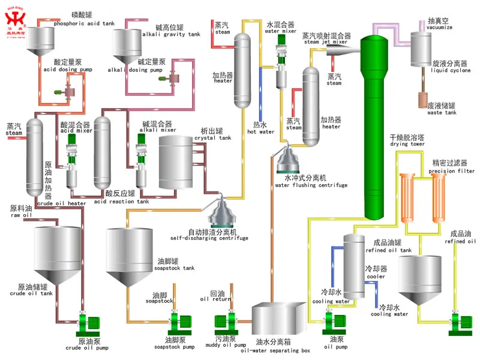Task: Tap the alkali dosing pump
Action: (173, 79)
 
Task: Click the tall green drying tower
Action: (377, 126)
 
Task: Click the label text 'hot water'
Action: (261, 131)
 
